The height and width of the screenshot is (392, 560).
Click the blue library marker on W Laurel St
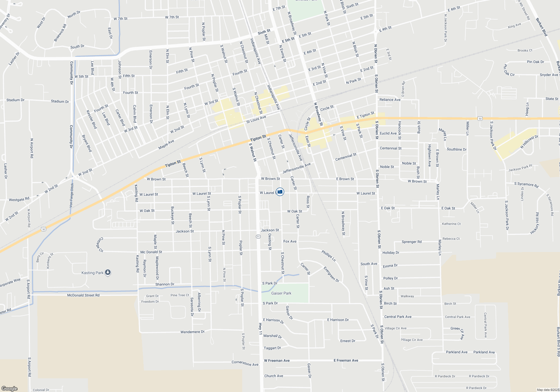[280, 192]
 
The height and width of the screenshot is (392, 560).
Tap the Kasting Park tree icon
[108, 272]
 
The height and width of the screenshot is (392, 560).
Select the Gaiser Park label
[281, 293]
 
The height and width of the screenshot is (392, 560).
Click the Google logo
[9, 388]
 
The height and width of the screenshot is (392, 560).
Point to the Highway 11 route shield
[258, 237]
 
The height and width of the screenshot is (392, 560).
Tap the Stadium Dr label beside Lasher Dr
[15, 100]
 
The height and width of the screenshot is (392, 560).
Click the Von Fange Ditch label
[71, 195]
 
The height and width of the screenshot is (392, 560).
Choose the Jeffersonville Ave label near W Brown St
[297, 168]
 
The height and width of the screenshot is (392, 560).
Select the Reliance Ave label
[390, 100]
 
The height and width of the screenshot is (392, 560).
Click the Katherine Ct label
[451, 224]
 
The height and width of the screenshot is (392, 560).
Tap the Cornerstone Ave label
[245, 363]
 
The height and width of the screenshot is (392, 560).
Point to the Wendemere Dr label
[192, 332]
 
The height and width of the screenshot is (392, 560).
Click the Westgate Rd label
[19, 199]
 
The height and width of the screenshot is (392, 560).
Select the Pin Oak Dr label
[535, 62]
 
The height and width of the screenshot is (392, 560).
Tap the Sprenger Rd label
[412, 242]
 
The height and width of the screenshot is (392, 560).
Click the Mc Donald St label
[151, 252]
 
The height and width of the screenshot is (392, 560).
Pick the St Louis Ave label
[256, 120]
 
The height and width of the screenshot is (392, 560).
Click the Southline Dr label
[456, 149]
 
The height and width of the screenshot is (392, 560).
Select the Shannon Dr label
[165, 284]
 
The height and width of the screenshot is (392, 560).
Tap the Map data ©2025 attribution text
[548, 390]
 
